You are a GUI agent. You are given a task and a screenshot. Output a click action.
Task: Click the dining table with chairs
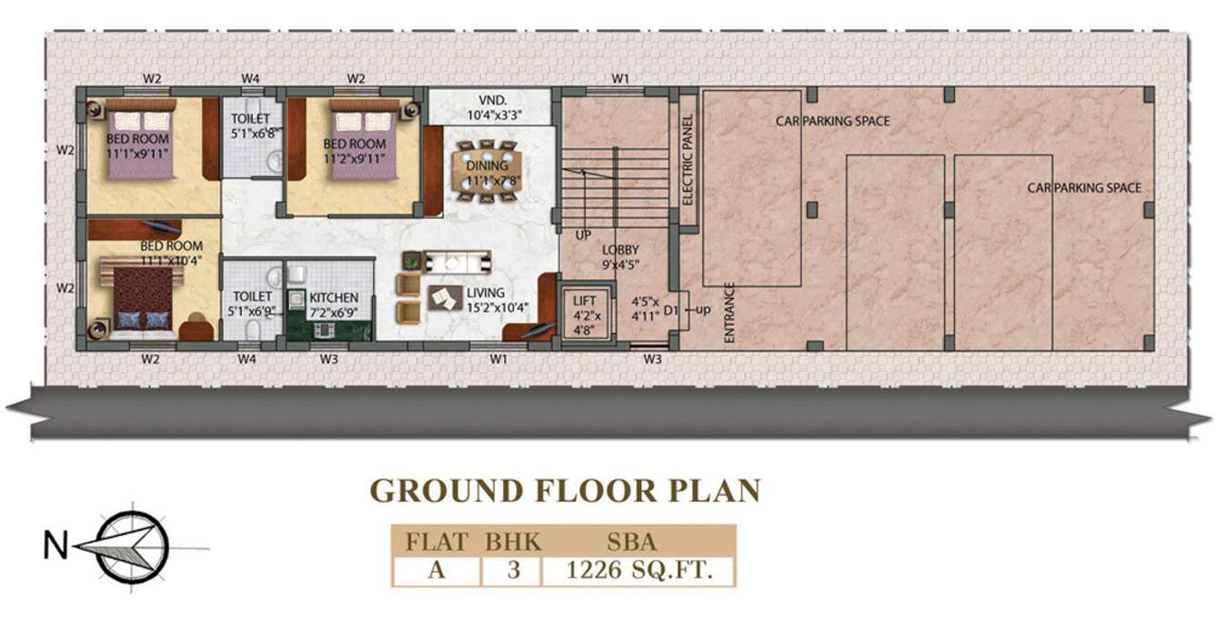[487, 171]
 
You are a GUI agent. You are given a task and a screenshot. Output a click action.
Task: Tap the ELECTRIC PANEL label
[688, 160]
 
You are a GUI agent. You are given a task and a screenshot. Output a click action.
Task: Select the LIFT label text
[584, 300]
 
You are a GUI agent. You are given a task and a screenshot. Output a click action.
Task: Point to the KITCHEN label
[334, 297]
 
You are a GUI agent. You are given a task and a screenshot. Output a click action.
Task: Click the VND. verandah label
[493, 101]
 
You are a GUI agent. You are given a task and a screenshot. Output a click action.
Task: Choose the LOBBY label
[620, 250]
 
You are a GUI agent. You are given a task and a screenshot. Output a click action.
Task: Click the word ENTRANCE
[729, 313]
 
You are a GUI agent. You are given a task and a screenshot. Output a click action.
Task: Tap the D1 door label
[671, 310]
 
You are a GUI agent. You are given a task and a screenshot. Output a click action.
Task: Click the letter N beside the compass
[55, 546]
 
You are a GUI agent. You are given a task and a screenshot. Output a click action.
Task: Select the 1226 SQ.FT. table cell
[638, 570]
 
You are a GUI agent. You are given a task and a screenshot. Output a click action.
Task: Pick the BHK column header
[513, 542]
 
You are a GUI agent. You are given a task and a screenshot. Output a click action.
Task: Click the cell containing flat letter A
[437, 570]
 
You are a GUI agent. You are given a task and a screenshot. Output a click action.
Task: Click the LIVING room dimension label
[497, 307]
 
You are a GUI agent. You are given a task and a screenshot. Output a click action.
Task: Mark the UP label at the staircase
[583, 236]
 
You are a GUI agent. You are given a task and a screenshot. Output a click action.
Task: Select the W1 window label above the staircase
[620, 78]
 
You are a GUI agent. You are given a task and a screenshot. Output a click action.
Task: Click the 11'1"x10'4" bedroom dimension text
[171, 261]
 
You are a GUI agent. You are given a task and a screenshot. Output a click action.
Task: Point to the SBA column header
[632, 542]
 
